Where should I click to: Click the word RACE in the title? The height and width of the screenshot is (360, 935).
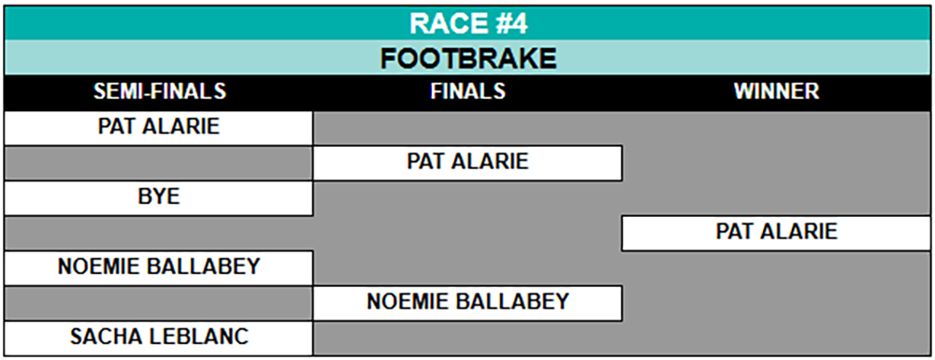(x=440, y=24)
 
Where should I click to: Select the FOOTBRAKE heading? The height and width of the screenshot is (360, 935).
(x=468, y=58)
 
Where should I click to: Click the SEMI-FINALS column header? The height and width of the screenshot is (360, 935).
(x=160, y=92)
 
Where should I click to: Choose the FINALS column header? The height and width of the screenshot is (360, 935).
(x=468, y=92)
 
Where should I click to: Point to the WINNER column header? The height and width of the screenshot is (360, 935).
(x=776, y=92)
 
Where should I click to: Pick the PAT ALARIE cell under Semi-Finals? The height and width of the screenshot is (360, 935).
(x=159, y=127)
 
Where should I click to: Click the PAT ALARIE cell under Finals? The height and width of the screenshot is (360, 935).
(x=467, y=162)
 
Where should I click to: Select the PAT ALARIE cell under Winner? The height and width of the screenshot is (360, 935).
(x=777, y=233)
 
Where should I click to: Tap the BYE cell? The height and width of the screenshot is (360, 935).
(x=159, y=197)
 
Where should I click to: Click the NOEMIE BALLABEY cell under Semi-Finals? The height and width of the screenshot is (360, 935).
(x=159, y=267)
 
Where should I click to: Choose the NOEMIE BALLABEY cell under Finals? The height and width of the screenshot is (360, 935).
(x=467, y=302)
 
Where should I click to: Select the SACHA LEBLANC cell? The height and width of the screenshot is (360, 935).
(x=159, y=338)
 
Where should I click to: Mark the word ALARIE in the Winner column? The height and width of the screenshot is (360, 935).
(x=802, y=231)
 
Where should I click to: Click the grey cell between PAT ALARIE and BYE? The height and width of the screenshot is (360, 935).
(x=159, y=162)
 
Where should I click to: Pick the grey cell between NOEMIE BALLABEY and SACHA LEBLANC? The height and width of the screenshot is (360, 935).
(x=159, y=302)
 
